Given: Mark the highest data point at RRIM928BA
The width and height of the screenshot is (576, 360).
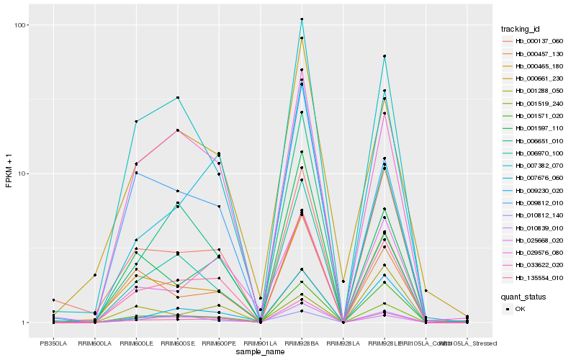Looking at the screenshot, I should (302, 19).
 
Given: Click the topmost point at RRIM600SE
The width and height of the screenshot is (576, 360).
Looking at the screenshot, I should (177, 97).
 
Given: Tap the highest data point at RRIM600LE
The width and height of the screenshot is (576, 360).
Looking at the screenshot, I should (136, 122).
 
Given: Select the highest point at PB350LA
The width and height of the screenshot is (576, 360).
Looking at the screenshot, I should (53, 300).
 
